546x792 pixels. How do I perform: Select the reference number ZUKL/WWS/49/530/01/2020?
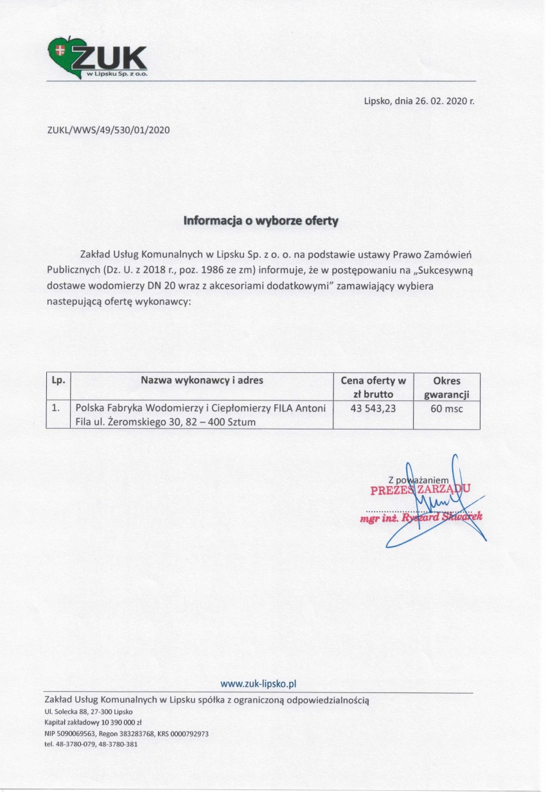coord(108,130)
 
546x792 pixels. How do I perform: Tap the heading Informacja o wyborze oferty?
coord(261,221)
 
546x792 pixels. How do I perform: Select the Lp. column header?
coord(58,381)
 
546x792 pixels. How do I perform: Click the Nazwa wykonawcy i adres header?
coord(202,381)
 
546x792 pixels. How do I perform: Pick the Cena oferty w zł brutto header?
coord(373,387)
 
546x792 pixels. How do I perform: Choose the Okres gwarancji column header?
coord(446,387)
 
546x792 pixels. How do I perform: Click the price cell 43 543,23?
coord(373,408)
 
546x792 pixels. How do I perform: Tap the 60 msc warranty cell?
coord(446,408)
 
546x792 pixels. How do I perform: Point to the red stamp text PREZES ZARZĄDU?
coord(420,490)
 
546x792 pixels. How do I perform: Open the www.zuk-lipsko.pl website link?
coord(258,684)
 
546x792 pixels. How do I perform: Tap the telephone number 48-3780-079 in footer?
coord(78,744)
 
